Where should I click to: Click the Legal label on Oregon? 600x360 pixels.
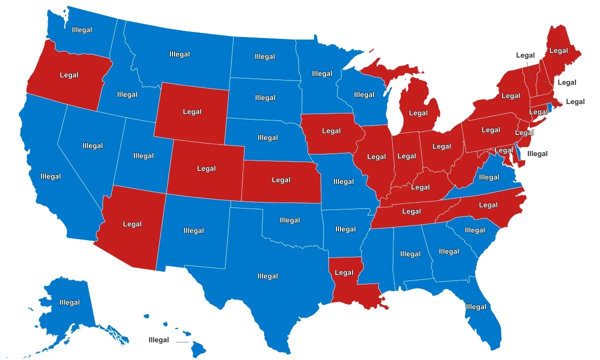69,75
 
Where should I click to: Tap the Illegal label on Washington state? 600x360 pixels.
81,30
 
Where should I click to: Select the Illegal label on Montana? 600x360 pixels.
179,54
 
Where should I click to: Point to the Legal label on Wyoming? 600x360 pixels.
192,111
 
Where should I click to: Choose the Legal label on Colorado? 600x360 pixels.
206,168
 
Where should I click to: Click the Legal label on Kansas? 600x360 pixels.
280,179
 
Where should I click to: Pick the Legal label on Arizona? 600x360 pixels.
132,224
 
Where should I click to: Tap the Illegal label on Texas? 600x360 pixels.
267,276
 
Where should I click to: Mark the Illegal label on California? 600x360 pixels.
50,176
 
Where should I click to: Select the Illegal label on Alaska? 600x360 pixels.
69,302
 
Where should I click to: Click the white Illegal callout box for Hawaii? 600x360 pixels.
158,340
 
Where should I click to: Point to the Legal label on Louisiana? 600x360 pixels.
343,272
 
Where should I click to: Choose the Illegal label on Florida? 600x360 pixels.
475,307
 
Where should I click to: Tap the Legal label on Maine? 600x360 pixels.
558,50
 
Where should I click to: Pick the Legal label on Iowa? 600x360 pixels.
331,131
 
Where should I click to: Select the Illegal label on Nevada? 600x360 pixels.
92,146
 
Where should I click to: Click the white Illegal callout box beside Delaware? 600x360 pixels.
537,154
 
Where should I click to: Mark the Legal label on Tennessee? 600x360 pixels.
411,211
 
